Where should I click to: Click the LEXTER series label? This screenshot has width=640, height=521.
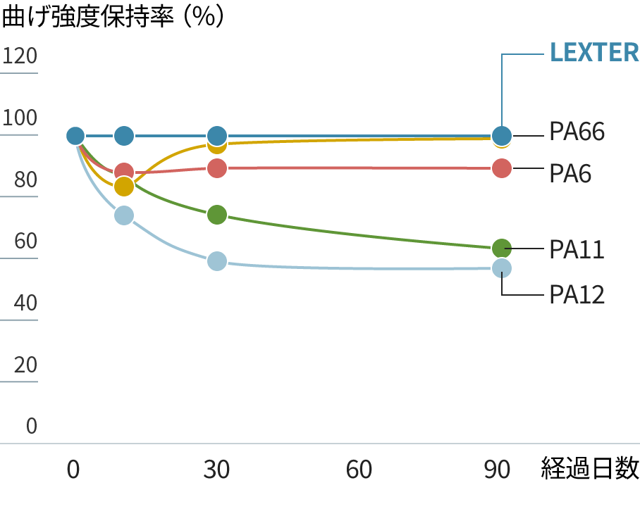pyautogui.click(x=594, y=52)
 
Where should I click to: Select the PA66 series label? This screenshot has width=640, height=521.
pyautogui.click(x=577, y=132)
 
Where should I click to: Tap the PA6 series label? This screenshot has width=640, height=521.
pyautogui.click(x=570, y=172)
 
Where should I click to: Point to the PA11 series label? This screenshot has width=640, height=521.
pyautogui.click(x=577, y=249)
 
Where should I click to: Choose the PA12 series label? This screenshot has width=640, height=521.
pyautogui.click(x=577, y=294)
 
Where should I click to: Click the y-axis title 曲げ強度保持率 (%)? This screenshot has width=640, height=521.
pyautogui.click(x=113, y=17)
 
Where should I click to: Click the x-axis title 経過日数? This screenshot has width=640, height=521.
pyautogui.click(x=590, y=469)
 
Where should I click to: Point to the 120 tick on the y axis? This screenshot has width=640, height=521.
pyautogui.click(x=20, y=55)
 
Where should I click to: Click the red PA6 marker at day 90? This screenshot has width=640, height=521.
pyautogui.click(x=501, y=168)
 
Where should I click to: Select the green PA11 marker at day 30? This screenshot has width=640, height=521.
pyautogui.click(x=217, y=215)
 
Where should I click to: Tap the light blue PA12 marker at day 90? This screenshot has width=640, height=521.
pyautogui.click(x=501, y=268)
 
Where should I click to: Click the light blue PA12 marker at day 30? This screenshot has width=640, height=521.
pyautogui.click(x=217, y=261)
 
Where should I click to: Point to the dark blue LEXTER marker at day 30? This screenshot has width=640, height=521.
pyautogui.click(x=217, y=135)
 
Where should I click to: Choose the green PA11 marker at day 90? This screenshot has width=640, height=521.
pyautogui.click(x=501, y=248)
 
